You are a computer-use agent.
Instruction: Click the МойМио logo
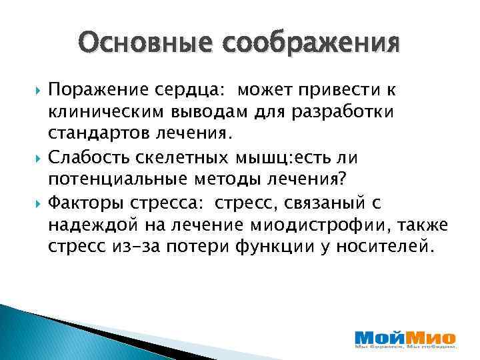point(405,339)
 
